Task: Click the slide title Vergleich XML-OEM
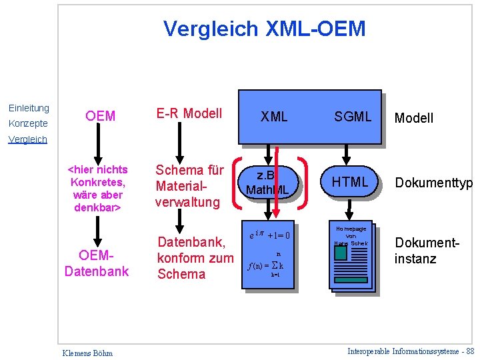[x=265, y=29]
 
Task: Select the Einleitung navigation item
[x=29, y=108]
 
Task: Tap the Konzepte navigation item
[x=27, y=123]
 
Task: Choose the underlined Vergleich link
[x=27, y=139]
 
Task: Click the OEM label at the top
[x=101, y=116]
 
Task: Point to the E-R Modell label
[x=189, y=113]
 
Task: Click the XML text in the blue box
[x=274, y=117]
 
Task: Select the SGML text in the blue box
[x=353, y=117]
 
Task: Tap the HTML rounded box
[x=350, y=182]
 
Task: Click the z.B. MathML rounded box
[x=267, y=183]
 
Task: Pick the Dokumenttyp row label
[x=433, y=183]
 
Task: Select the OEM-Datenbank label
[x=97, y=263]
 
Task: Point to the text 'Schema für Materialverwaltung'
[x=189, y=186]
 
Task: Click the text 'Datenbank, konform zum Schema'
[x=195, y=257]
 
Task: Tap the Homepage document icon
[x=351, y=255]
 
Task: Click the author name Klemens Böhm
[x=87, y=353]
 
